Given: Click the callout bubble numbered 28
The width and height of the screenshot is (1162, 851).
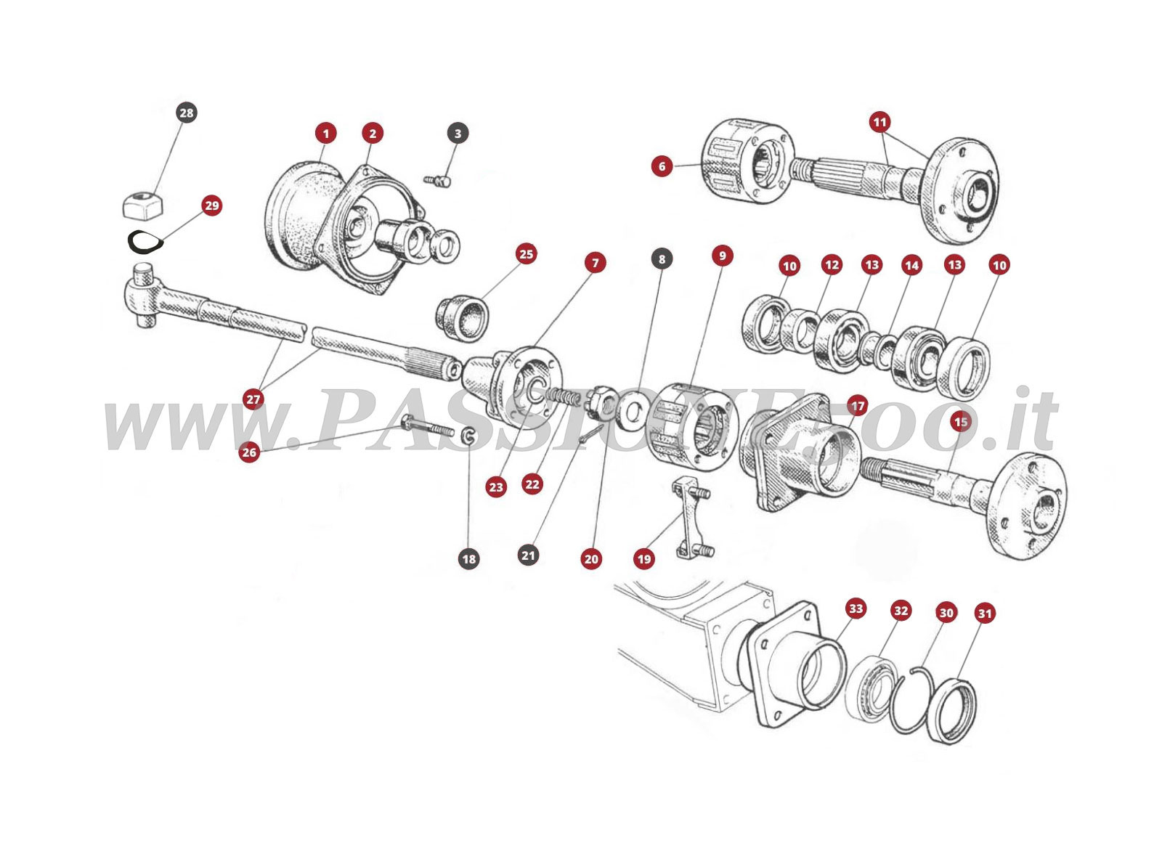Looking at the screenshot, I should [x=187, y=113].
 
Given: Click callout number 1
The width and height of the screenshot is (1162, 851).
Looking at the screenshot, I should [x=326, y=134].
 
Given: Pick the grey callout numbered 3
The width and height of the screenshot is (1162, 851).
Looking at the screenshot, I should [x=457, y=134].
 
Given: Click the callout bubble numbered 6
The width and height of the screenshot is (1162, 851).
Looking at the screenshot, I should [x=662, y=166].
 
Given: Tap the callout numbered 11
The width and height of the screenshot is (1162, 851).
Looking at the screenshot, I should [x=879, y=121].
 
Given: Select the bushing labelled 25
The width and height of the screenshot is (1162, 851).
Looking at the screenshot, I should [x=462, y=317].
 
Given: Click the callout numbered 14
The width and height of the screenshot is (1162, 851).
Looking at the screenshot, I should [x=911, y=266].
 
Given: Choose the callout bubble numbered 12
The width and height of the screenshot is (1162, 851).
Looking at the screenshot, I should [x=832, y=265].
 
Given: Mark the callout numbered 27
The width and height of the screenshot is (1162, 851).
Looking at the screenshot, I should [x=253, y=399].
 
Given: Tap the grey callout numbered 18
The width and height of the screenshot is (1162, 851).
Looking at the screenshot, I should [x=468, y=558].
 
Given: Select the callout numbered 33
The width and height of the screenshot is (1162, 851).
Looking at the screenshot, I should [x=856, y=608].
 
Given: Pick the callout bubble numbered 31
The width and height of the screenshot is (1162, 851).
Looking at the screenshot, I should [x=984, y=614].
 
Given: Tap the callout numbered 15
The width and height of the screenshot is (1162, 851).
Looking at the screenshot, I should [x=960, y=421].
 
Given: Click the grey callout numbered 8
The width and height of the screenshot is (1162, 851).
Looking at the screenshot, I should [x=661, y=258].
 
